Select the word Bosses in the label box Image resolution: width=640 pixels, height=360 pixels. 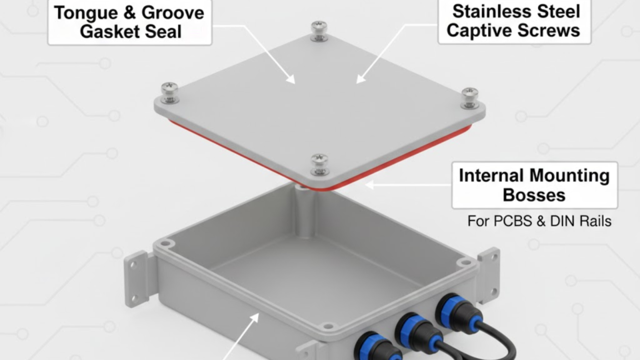(x=534, y=195)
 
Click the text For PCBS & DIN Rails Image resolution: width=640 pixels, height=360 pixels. (x=539, y=221)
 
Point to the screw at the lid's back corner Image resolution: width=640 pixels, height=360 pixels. (x=319, y=31)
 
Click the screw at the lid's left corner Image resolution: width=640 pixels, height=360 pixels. (x=169, y=91)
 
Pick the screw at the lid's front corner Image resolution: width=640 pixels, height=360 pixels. (x=319, y=163)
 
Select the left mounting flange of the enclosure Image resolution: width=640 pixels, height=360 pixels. (x=137, y=279)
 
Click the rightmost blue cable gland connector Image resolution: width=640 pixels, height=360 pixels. (x=453, y=311)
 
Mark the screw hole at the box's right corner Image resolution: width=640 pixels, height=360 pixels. (x=462, y=263)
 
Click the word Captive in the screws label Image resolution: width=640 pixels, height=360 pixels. (x=480, y=31)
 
